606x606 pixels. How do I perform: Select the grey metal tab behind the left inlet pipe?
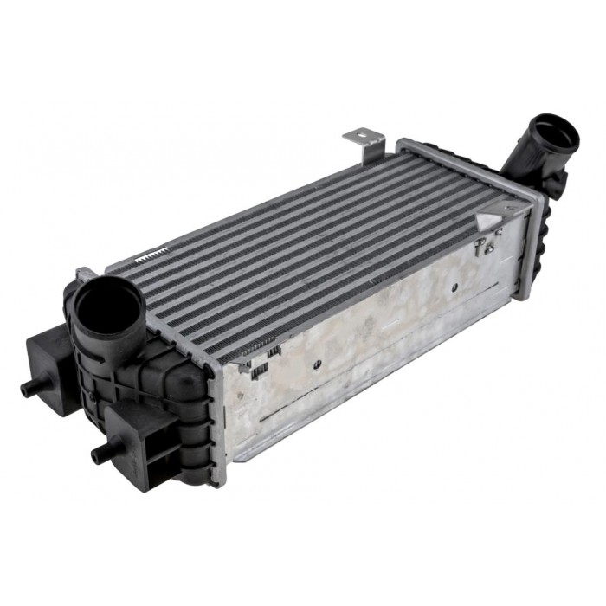[x=87, y=274]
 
